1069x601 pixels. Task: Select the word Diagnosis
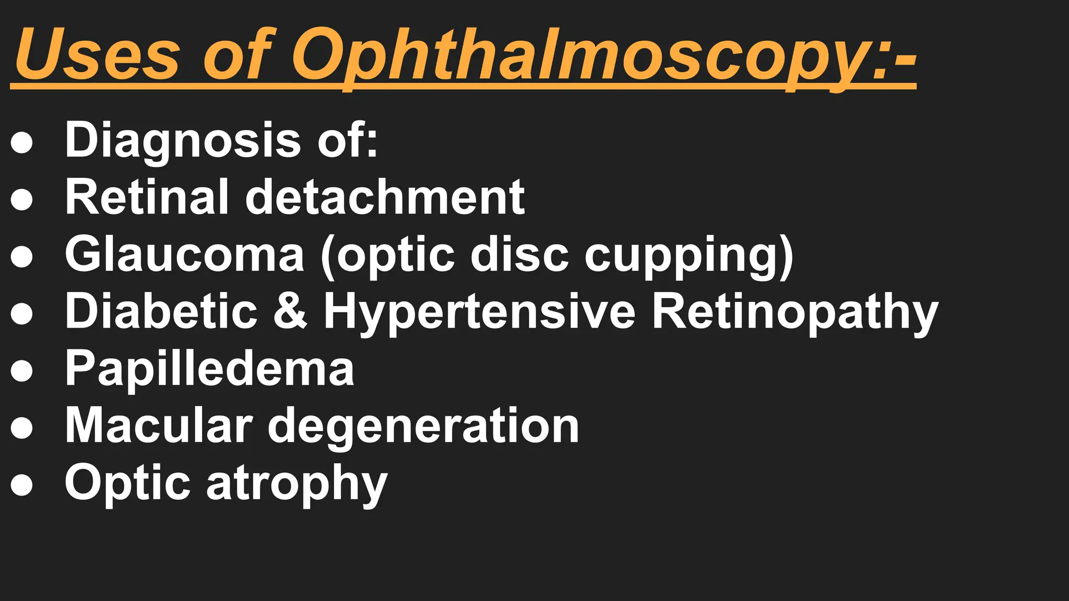(x=183, y=140)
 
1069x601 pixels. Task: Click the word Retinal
(x=147, y=197)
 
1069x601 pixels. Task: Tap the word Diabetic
(x=161, y=311)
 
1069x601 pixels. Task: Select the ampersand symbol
(x=290, y=311)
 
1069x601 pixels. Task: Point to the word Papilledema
(x=209, y=369)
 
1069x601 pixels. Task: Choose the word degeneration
(x=423, y=427)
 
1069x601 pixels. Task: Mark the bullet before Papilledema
(x=22, y=370)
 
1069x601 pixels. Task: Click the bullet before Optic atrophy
(x=22, y=485)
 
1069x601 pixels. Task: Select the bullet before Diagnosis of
(x=22, y=142)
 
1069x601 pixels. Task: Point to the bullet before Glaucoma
(x=22, y=256)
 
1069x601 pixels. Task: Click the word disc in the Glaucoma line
(x=519, y=254)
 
